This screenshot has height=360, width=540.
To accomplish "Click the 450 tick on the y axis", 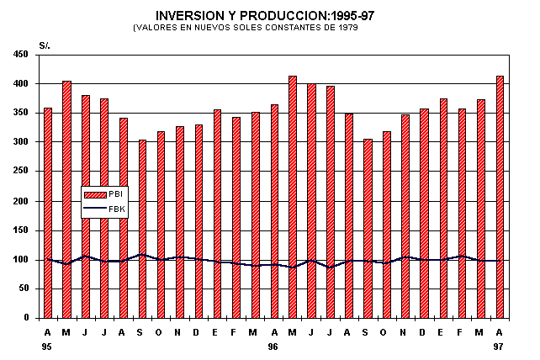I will pyautogui.click(x=22, y=55).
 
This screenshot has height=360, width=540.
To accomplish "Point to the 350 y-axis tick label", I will pyautogui.click(x=22, y=113).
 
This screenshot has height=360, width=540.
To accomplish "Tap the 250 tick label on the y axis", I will pyautogui.click(x=22, y=172).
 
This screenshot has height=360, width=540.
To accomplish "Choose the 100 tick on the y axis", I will pyautogui.click(x=22, y=260).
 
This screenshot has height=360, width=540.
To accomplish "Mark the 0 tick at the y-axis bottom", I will pyautogui.click(x=27, y=318).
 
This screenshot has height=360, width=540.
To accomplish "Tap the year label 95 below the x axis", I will pyautogui.click(x=47, y=346).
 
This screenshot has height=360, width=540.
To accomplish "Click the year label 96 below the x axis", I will pyautogui.click(x=273, y=346).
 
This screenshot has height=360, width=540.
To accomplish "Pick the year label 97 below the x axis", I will pyautogui.click(x=500, y=346).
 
